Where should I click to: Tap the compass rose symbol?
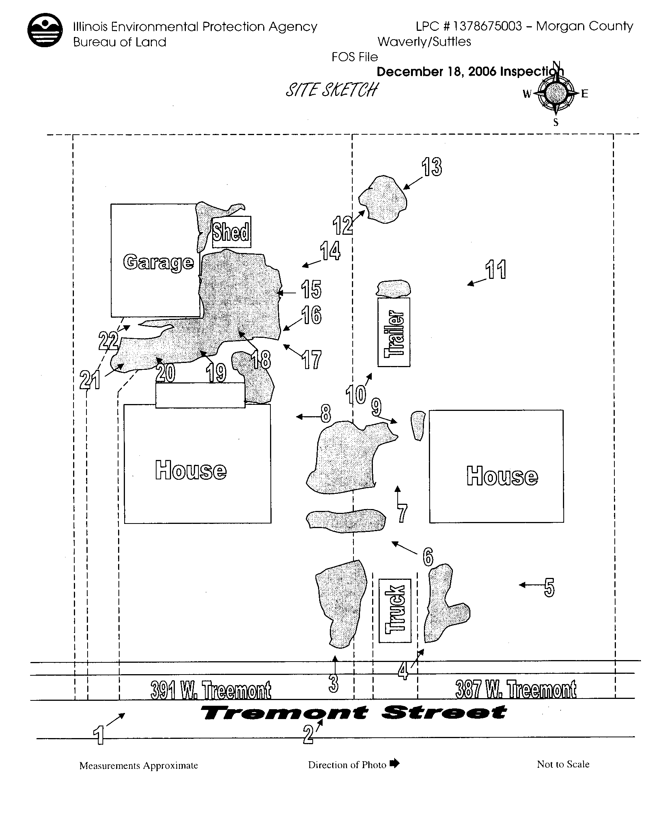(555, 93)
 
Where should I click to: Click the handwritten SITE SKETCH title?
(331, 90)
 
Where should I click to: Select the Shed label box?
(231, 232)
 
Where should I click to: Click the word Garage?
(158, 262)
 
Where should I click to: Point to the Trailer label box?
(394, 332)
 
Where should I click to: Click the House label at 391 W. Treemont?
(191, 470)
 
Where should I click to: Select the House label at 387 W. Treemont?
(502, 476)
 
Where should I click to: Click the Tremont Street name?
(353, 713)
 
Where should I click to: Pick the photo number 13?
(432, 167)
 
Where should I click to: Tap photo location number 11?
(496, 269)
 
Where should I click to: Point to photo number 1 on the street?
(99, 735)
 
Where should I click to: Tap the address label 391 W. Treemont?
(211, 690)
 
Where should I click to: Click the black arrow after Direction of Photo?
(394, 764)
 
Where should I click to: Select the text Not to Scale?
(563, 764)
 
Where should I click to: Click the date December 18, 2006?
(437, 72)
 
